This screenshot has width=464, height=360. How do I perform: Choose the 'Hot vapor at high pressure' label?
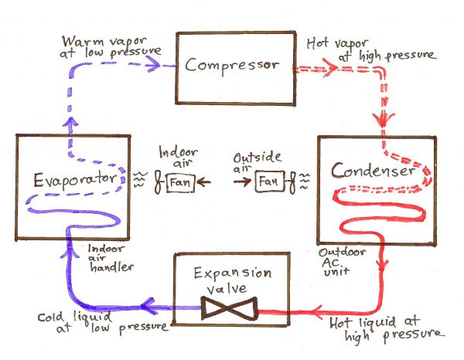click(x=370, y=48)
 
